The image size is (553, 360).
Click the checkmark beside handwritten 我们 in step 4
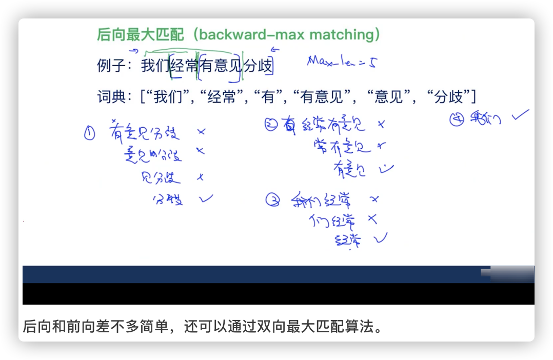point(520,116)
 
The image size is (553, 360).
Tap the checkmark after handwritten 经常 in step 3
point(381,236)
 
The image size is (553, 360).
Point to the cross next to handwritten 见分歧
point(201,177)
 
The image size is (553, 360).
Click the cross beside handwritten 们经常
point(372,219)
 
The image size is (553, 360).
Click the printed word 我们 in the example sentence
point(155,66)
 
